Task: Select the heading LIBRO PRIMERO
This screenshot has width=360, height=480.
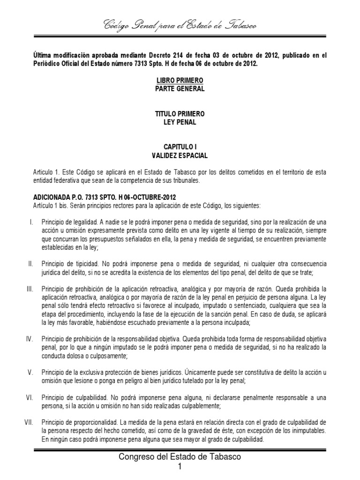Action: point(180,81)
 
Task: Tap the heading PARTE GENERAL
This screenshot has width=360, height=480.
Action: point(180,89)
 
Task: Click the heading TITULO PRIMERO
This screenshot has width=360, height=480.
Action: point(180,114)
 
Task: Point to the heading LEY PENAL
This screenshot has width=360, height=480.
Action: point(180,122)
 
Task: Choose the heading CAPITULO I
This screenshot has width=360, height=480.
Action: point(180,147)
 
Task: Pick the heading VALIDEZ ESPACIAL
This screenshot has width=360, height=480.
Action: point(180,155)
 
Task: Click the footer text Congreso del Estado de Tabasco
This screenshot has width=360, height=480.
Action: point(180,457)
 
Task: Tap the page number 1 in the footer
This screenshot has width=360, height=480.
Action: point(180,467)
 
